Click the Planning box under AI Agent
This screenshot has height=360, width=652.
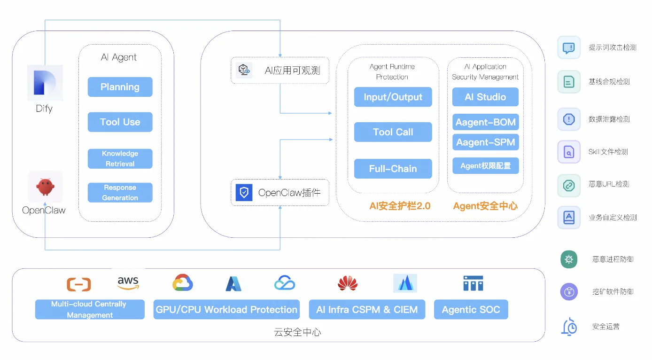120,87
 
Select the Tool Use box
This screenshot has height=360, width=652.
120,122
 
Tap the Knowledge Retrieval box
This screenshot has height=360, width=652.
120,159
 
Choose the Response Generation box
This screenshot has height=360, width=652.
120,193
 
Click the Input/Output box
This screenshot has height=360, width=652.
393,97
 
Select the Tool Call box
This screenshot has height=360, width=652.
393,132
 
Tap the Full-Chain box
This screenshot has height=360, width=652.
393,169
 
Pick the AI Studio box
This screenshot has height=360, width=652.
485,97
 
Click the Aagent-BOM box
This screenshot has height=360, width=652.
485,122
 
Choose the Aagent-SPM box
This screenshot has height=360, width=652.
485,142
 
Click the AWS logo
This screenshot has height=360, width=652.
128,282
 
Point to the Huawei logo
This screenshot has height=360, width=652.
348,283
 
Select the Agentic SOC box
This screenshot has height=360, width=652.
471,310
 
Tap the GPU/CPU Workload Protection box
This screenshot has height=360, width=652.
226,310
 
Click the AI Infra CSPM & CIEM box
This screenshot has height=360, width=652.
367,310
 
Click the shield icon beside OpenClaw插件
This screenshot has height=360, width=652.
244,193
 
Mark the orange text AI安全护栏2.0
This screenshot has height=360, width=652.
400,206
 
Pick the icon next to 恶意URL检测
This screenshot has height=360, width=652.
568,185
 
